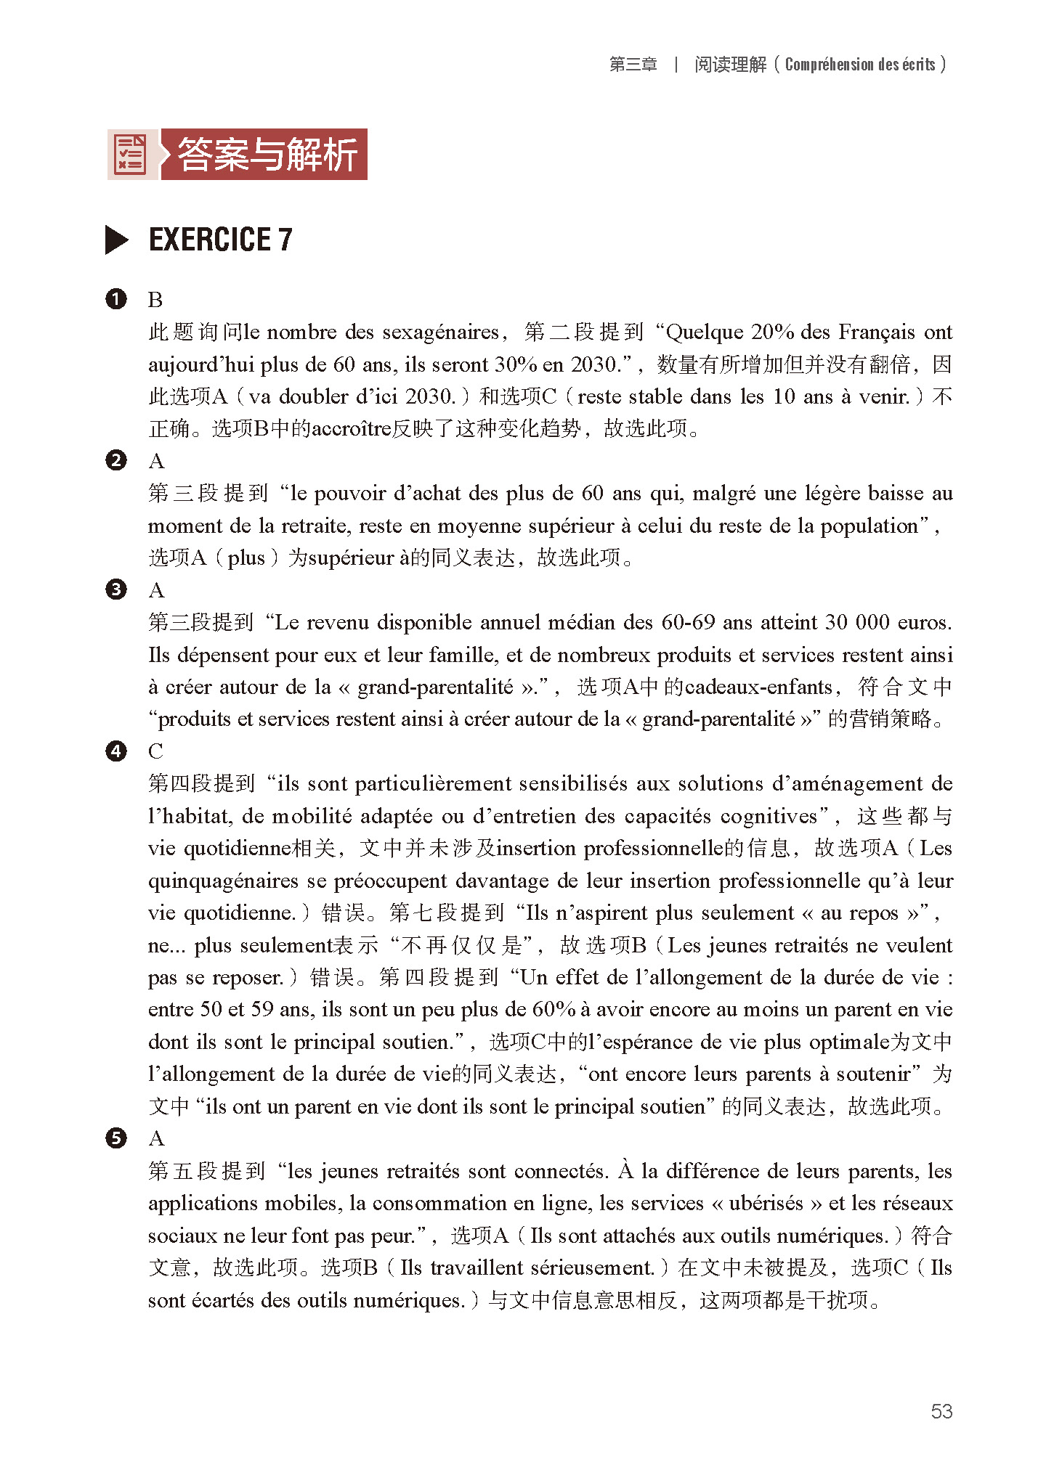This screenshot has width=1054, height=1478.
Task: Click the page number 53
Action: pyautogui.click(x=941, y=1410)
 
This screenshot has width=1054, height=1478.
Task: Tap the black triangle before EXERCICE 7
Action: pyautogui.click(x=116, y=240)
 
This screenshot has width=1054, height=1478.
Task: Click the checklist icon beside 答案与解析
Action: pyautogui.click(x=131, y=155)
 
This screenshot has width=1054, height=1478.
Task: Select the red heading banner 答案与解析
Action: pyautogui.click(x=265, y=155)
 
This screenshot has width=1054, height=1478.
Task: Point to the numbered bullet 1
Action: pyautogui.click(x=116, y=299)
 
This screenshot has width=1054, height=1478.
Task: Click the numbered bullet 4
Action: pyautogui.click(x=116, y=751)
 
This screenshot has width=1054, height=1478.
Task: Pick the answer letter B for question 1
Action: pyautogui.click(x=155, y=300)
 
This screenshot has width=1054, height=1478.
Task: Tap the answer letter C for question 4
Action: pyautogui.click(x=155, y=751)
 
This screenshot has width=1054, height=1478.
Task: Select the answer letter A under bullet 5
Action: pyautogui.click(x=156, y=1138)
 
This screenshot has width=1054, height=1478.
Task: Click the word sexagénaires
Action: pyautogui.click(x=441, y=332)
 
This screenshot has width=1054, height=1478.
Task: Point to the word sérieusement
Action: pyautogui.click(x=593, y=1267)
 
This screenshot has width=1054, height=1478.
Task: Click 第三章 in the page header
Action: pyautogui.click(x=633, y=65)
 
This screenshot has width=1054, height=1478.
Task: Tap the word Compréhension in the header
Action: pyautogui.click(x=829, y=65)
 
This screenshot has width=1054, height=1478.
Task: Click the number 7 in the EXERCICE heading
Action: pyautogui.click(x=285, y=240)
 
